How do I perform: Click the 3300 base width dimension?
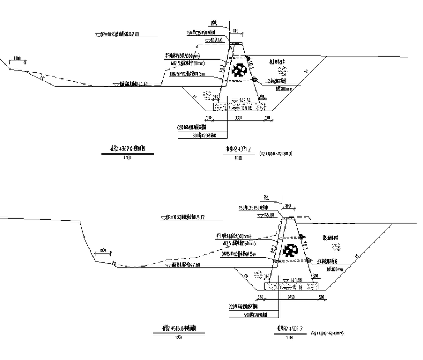(x=238, y=118)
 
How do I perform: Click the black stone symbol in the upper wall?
(x=240, y=70)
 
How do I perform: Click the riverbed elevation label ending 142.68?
(x=190, y=265)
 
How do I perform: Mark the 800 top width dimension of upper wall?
(x=235, y=31)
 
